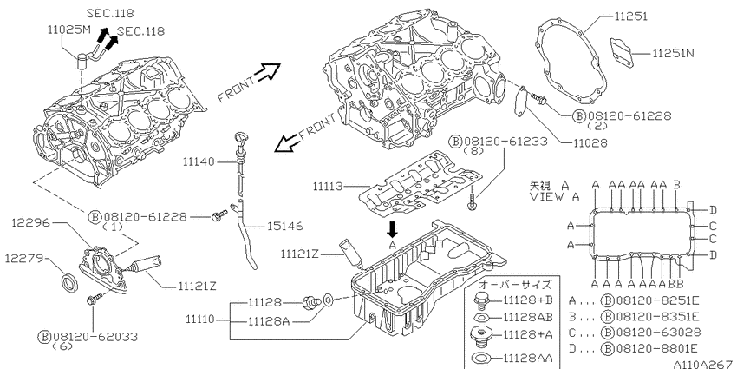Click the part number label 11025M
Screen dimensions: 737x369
point(68,30)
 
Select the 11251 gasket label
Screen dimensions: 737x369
point(630,16)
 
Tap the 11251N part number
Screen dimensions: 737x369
point(673,54)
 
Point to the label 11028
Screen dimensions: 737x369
point(590,142)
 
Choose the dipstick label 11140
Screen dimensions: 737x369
point(199,161)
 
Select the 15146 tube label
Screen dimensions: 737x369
point(285,227)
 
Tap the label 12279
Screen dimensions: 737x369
point(24,258)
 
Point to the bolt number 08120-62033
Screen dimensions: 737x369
point(95,337)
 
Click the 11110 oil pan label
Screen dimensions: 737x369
point(199,320)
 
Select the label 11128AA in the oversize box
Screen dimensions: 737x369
point(527,358)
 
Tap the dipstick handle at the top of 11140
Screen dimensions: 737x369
point(238,141)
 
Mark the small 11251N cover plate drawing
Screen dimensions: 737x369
point(622,52)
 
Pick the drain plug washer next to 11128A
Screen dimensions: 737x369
point(329,300)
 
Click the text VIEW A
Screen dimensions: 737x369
point(556,197)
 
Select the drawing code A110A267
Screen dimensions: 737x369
point(704,365)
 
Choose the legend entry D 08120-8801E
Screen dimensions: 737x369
point(633,349)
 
